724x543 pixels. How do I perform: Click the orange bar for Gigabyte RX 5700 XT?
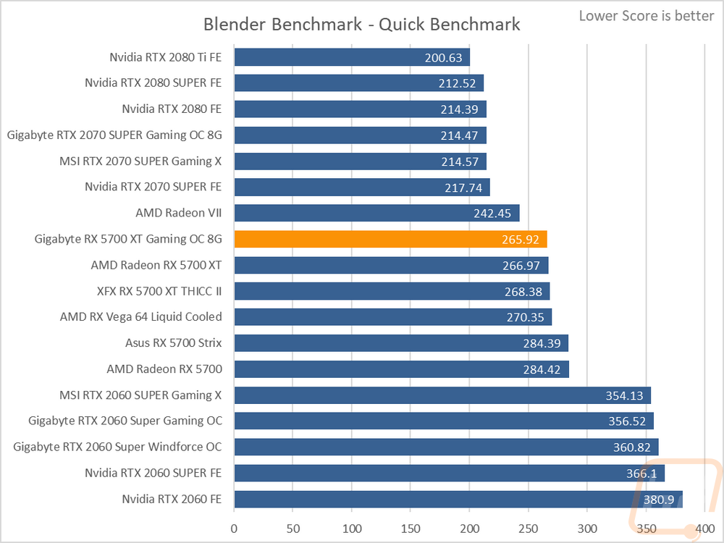[391, 239]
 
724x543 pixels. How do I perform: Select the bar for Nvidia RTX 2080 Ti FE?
[352, 57]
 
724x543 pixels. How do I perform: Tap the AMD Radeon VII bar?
[376, 213]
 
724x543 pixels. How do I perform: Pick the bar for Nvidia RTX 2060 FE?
[458, 500]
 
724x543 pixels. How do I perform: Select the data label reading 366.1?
[640, 473]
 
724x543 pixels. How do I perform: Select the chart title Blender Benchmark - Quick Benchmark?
[361, 24]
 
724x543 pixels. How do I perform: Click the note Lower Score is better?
[647, 16]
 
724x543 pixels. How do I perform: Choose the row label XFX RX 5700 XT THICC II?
[159, 291]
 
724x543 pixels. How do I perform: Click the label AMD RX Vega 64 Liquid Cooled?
[141, 317]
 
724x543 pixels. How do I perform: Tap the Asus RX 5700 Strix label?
[174, 343]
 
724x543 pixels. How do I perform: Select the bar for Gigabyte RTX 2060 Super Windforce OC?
[446, 447]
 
